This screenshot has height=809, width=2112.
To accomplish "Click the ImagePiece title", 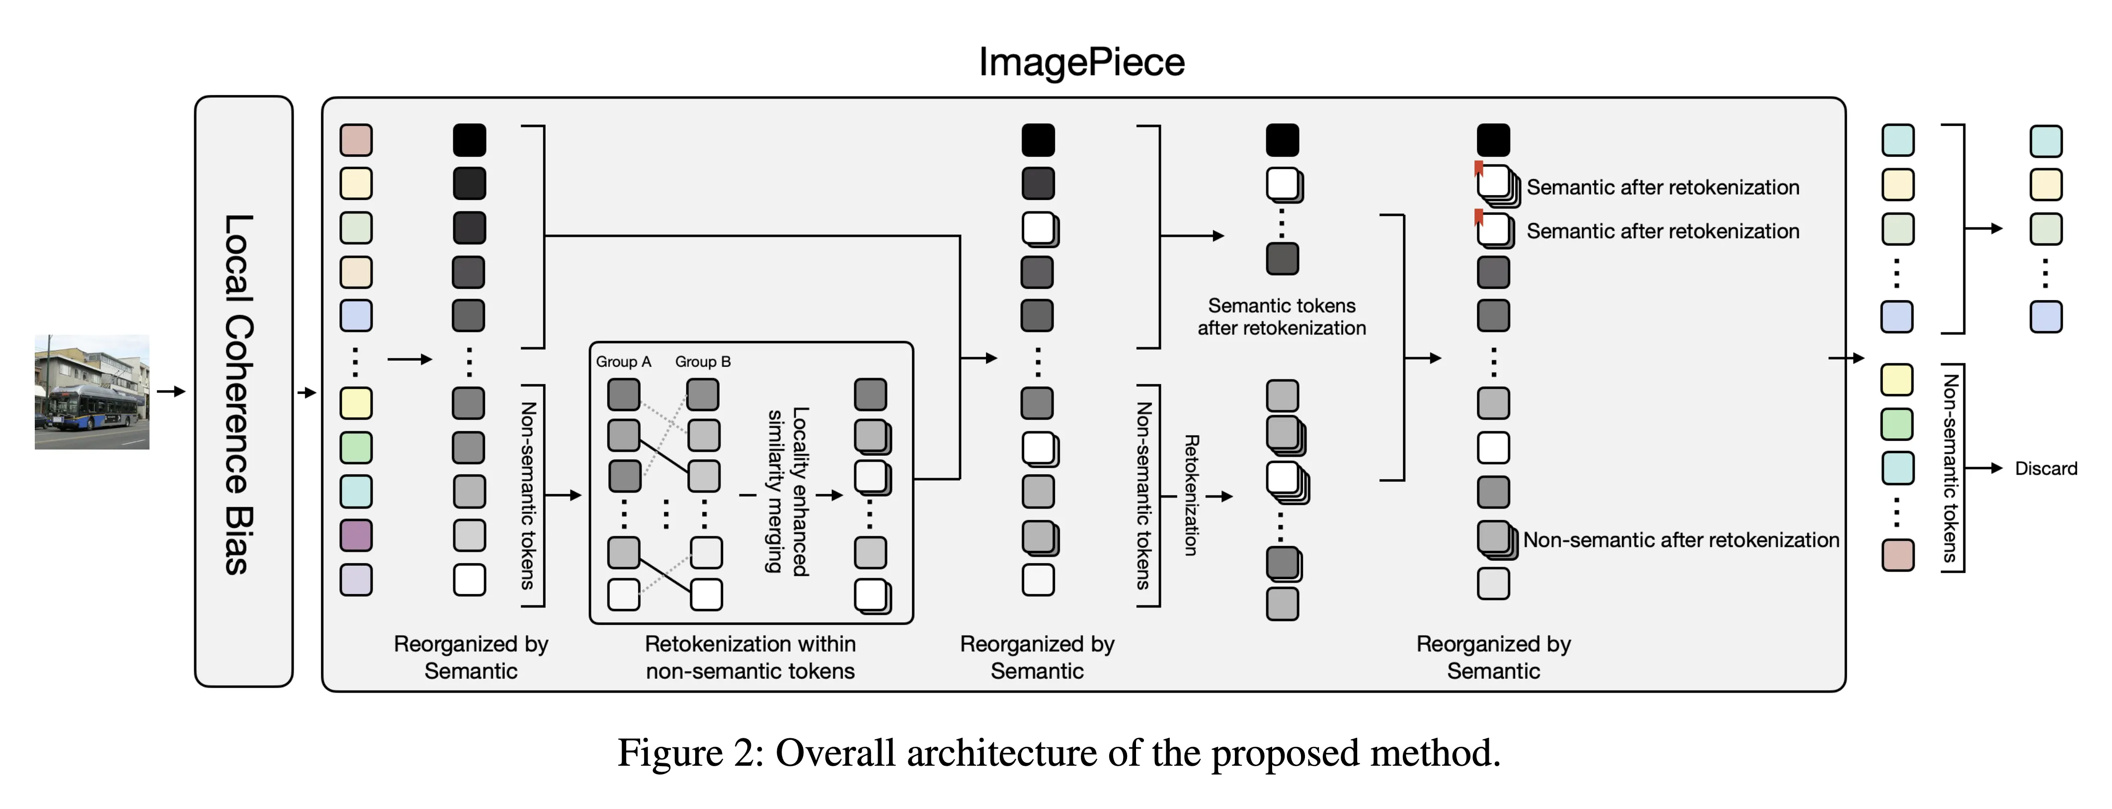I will click(1081, 62).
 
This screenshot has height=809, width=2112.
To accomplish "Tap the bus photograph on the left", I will click(92, 392).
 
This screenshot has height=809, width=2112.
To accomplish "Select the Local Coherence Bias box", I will click(244, 392).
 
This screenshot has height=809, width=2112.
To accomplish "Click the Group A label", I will click(623, 362).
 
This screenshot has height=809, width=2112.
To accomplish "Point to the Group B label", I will click(703, 362).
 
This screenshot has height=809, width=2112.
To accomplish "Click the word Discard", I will click(2045, 469).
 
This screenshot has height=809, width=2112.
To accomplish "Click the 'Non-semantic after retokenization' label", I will click(1681, 540).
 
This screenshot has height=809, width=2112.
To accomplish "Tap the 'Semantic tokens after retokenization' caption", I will click(1282, 317).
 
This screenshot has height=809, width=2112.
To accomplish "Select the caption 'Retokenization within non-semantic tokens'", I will click(750, 657).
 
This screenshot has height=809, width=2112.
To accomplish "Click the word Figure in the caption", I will click(669, 753).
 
